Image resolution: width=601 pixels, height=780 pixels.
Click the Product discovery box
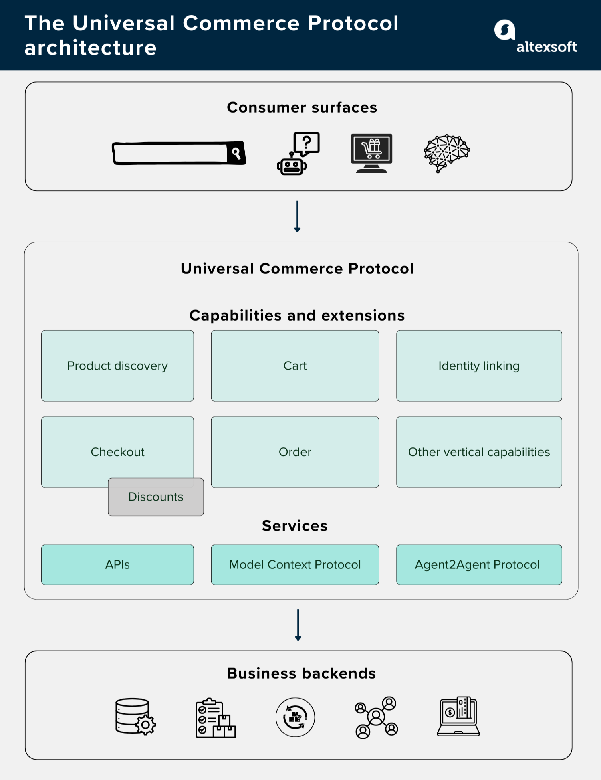pyautogui.click(x=117, y=366)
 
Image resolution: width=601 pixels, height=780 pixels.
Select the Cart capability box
pyautogui.click(x=295, y=366)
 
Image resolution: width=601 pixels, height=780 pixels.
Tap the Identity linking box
pyautogui.click(x=479, y=366)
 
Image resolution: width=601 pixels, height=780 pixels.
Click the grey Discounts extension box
pyautogui.click(x=156, y=497)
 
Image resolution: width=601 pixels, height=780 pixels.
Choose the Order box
pyautogui.click(x=295, y=452)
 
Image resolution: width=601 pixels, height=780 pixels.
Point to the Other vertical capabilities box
pyautogui.click(x=479, y=452)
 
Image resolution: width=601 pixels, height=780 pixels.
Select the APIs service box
pyautogui.click(x=117, y=564)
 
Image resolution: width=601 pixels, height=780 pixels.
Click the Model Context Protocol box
pyautogui.click(x=295, y=564)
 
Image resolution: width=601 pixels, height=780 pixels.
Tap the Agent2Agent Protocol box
pyautogui.click(x=479, y=564)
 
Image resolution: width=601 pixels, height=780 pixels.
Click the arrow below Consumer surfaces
pyautogui.click(x=297, y=216)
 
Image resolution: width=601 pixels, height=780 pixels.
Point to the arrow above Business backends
pyautogui.click(x=298, y=624)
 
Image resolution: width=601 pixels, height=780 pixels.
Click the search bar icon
pyautogui.click(x=179, y=153)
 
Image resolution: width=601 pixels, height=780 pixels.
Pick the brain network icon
pyautogui.click(x=447, y=153)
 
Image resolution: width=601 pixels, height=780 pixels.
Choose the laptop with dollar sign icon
pyautogui.click(x=458, y=717)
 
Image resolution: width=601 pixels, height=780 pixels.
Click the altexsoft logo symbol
pyautogui.click(x=504, y=30)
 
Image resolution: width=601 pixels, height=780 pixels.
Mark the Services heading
pyautogui.click(x=295, y=526)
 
